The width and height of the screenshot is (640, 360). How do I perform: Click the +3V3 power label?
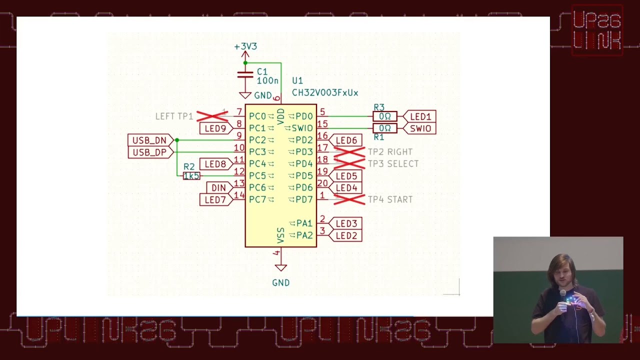coord(245,46)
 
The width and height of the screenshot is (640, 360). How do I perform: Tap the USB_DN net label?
coord(149,140)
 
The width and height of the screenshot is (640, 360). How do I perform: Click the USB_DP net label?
coord(149,152)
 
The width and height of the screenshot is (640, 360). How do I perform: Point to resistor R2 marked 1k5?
coord(191,176)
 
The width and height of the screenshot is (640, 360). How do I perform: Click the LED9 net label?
coord(215,128)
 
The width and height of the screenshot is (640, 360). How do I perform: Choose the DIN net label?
coord(218,188)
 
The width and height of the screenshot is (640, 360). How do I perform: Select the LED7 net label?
coord(215,200)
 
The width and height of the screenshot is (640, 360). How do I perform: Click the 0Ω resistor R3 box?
coord(384,116)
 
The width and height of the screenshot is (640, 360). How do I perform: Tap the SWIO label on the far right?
coord(420,128)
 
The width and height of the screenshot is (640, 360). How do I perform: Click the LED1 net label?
coord(420,116)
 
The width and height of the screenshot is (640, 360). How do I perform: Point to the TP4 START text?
coord(390,199)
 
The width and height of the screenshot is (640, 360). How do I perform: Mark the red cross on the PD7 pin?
coord(349,199)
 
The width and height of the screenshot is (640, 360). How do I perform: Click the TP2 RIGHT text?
coord(390,152)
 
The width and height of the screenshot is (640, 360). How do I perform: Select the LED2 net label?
coord(346,235)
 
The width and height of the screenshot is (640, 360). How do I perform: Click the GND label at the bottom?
coord(281,283)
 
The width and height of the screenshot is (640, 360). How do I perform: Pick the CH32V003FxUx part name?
coord(325,93)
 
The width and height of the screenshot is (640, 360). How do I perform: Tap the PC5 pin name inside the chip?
coord(257,176)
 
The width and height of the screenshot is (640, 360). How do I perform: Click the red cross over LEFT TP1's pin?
coord(212,116)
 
